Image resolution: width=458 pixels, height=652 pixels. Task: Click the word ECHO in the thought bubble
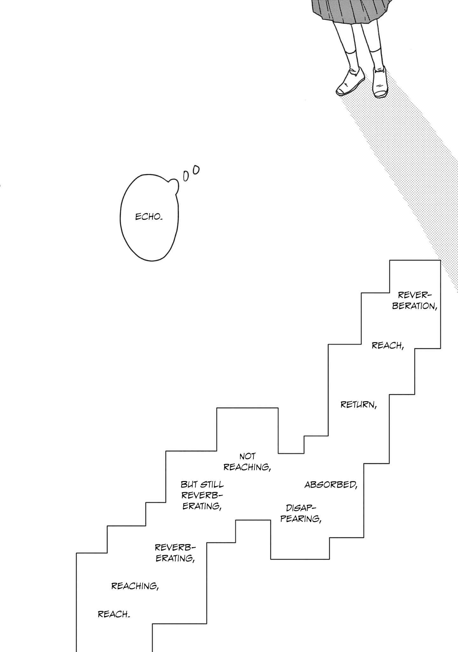click(x=149, y=217)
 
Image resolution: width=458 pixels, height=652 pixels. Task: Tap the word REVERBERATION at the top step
click(x=414, y=300)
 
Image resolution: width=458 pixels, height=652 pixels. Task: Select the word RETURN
click(x=358, y=405)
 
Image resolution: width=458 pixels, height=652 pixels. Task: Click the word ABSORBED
click(x=331, y=485)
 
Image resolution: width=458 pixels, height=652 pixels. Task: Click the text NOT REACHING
click(x=247, y=462)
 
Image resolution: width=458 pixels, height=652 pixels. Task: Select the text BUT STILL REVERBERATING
click(x=202, y=495)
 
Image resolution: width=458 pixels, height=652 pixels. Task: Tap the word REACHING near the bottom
click(x=135, y=586)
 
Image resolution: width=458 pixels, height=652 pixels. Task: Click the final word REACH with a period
click(x=114, y=614)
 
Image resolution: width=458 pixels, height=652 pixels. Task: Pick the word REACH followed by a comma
click(x=388, y=345)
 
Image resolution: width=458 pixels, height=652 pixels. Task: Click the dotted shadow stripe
click(x=410, y=178)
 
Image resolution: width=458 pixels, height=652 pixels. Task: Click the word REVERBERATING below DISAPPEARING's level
click(x=175, y=553)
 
